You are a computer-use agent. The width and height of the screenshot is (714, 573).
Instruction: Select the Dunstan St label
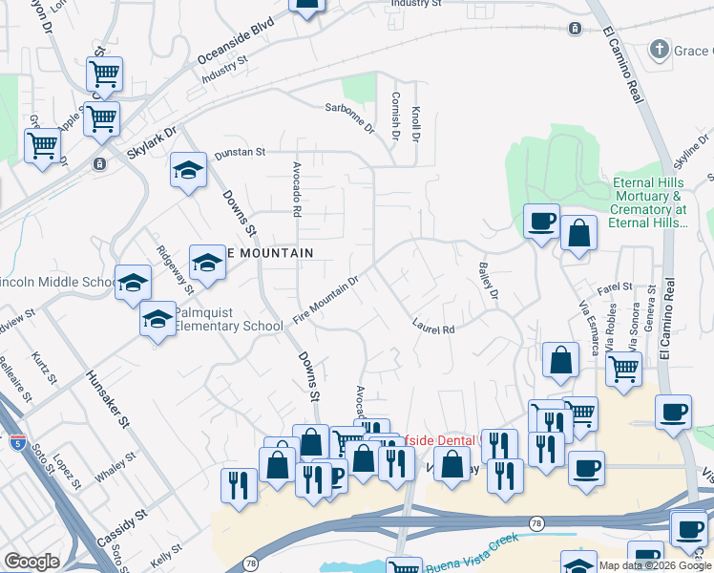239,152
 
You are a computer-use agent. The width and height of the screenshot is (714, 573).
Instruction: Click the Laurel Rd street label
432,327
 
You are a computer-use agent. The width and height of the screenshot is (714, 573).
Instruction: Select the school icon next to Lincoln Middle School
134,282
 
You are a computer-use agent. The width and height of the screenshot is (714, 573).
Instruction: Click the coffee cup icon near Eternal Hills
541,222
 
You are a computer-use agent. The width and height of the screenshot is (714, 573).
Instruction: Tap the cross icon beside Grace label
658,49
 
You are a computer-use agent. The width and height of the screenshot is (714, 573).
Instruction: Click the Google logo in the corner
31,562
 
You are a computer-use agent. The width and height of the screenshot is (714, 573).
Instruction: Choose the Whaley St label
115,469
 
